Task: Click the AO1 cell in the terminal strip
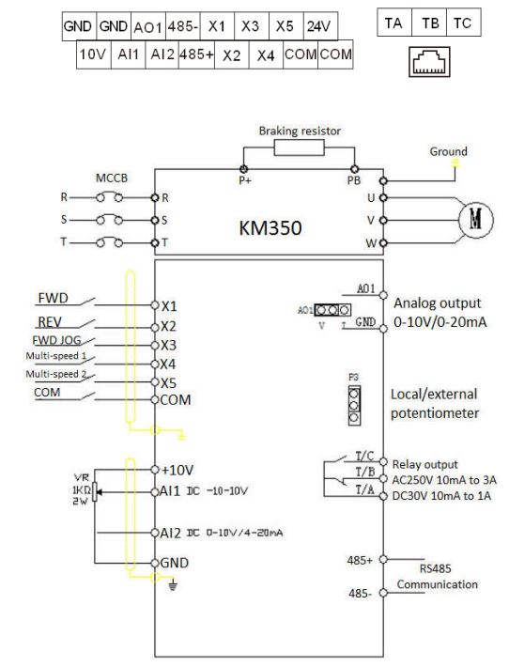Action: [148, 26]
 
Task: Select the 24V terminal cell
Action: [320, 26]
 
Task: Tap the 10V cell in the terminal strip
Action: [94, 54]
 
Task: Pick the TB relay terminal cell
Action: [429, 23]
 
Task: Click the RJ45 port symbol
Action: [429, 62]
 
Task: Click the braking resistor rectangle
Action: [299, 148]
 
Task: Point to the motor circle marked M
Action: [476, 220]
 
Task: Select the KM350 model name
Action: [270, 227]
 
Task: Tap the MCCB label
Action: [112, 178]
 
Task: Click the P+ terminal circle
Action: [243, 169]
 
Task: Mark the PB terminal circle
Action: [354, 169]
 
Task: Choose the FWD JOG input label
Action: [56, 340]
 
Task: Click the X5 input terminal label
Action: [168, 383]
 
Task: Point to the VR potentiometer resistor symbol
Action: [95, 492]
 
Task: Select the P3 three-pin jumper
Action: [354, 406]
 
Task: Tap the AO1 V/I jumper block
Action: [332, 310]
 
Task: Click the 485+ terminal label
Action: [360, 560]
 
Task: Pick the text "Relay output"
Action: [424, 464]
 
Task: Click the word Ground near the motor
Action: [448, 151]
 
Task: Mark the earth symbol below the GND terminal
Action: [172, 585]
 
